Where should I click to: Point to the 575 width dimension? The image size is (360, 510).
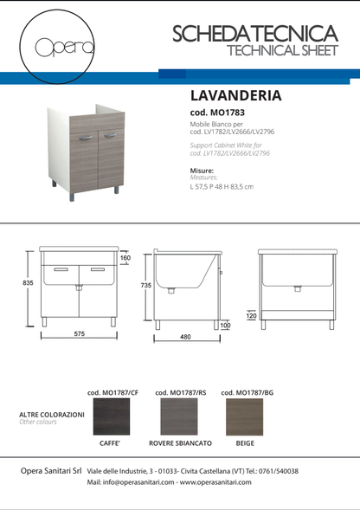point(79,333)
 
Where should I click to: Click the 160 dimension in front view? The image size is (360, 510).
point(125,257)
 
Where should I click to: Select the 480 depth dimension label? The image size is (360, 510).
point(184,338)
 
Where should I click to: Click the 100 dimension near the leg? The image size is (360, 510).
point(226,326)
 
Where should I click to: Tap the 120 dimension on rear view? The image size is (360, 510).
point(251,316)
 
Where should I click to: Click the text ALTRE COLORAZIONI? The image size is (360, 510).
point(52,415)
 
